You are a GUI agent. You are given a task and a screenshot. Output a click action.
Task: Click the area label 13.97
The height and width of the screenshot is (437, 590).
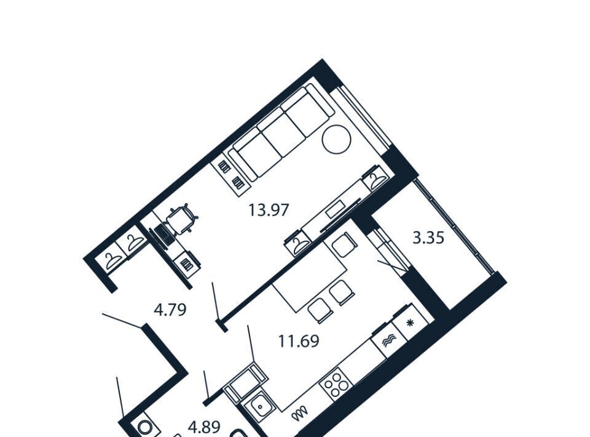pyautogui.click(x=269, y=210)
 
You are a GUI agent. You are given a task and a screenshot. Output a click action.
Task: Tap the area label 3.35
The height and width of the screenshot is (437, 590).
pyautogui.click(x=428, y=238)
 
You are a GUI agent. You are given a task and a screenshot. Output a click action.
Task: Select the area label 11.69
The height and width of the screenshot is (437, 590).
pyautogui.click(x=299, y=341)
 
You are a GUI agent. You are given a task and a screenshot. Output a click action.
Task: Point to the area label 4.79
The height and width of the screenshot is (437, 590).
pyautogui.click(x=170, y=310)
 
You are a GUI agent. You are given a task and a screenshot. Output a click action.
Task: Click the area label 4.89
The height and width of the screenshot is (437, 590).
pyautogui.click(x=204, y=428)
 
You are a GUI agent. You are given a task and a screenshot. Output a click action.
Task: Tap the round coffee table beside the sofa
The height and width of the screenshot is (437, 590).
pyautogui.click(x=337, y=139)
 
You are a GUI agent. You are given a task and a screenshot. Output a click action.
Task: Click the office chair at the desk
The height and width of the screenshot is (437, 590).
pyautogui.click(x=182, y=220)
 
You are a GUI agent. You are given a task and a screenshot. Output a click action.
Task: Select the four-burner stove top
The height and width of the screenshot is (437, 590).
pyautogui.click(x=336, y=384)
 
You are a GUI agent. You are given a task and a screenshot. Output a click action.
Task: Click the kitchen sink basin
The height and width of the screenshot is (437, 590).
pyautogui.click(x=259, y=407)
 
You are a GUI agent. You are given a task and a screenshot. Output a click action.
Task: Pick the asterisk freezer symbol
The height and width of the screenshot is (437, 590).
pyautogui.click(x=410, y=323)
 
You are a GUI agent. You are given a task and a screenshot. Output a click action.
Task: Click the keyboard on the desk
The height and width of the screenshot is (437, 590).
pyautogui.click(x=165, y=234)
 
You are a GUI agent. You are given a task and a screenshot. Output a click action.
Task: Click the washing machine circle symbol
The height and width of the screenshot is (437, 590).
pyautogui.click(x=144, y=427)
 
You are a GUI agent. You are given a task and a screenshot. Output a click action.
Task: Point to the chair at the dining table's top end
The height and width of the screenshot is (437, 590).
pyautogui.click(x=343, y=245)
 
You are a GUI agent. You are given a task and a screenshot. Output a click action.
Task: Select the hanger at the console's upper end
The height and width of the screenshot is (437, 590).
pyautogui.click(x=376, y=181)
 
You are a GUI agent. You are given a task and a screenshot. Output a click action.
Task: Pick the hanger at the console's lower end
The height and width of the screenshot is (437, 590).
pyautogui.click(x=298, y=244)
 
